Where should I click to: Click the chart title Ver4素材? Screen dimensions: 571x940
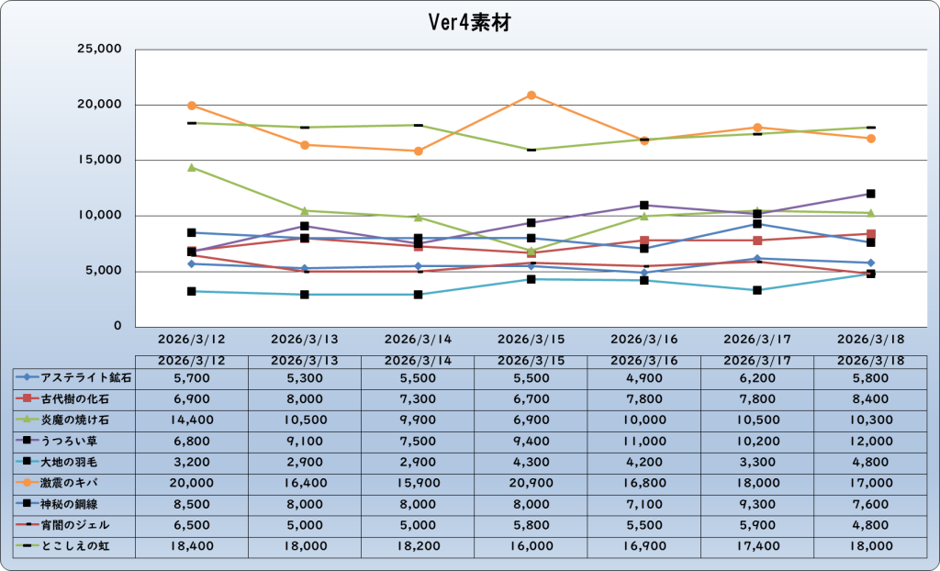(470, 22)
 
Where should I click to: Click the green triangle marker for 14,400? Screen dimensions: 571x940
(192, 167)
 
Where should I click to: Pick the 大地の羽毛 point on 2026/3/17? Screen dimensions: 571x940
(757, 290)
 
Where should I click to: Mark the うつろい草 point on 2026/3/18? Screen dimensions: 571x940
(870, 194)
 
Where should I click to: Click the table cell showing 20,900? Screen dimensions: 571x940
(531, 483)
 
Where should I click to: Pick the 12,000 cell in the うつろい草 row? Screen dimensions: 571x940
(870, 441)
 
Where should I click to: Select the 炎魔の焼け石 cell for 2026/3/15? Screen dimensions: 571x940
(531, 420)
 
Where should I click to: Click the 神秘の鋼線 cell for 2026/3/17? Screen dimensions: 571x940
(757, 504)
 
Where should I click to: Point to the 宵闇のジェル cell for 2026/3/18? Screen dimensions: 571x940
(870, 525)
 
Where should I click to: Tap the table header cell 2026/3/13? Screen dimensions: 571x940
(305, 361)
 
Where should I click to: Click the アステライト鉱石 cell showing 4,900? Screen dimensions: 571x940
(644, 377)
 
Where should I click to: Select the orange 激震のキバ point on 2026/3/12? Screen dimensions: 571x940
(192, 106)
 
